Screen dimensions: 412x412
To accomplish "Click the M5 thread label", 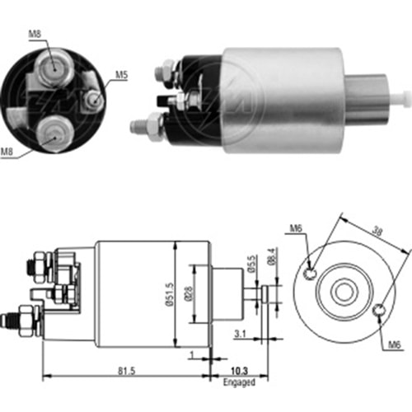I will click(121, 75).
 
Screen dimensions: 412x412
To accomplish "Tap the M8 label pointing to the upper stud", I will click(34, 35).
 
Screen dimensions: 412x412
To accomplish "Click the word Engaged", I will click(240, 383).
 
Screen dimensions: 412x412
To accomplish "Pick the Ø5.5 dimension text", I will click(251, 265).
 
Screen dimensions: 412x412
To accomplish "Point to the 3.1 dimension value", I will click(240, 333).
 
